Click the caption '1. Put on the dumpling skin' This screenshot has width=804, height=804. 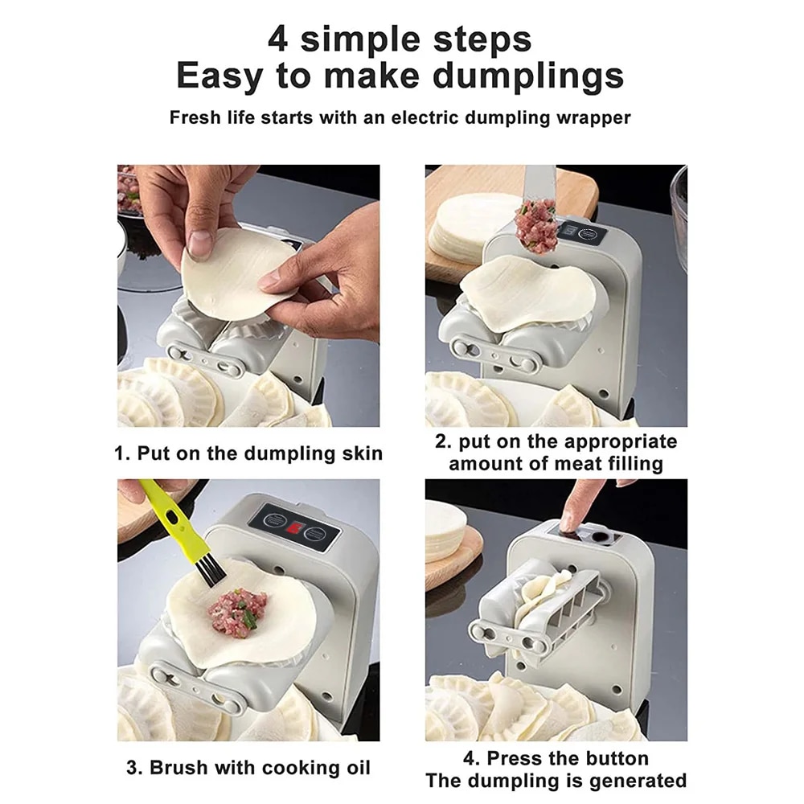[x=248, y=453]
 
